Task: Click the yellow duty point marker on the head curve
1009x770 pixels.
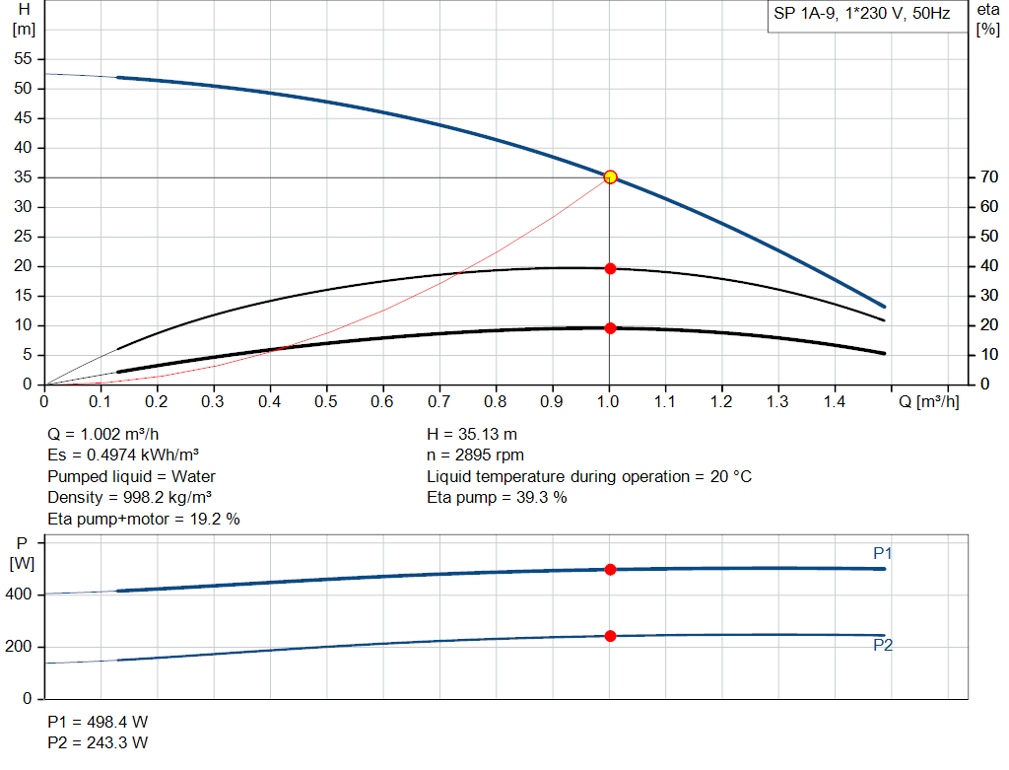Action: tap(610, 176)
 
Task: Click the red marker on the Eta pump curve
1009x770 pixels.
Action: tap(610, 268)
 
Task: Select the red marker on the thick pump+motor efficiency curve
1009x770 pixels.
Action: tap(610, 328)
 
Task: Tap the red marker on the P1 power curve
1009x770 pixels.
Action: tap(610, 570)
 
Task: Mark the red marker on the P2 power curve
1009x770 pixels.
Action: tap(610, 636)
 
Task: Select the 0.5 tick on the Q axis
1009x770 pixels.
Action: tap(326, 402)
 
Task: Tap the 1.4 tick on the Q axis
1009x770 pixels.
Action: tap(835, 402)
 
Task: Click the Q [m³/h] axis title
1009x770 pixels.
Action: tap(926, 402)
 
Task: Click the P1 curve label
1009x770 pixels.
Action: tap(882, 554)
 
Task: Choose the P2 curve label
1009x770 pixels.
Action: tap(882, 646)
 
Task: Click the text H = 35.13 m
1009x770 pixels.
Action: tap(472, 435)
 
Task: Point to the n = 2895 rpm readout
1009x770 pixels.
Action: tap(476, 455)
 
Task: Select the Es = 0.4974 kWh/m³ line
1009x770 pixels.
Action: tap(124, 455)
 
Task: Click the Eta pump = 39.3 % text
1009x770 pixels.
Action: tap(497, 497)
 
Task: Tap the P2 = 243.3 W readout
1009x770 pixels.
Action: tap(98, 742)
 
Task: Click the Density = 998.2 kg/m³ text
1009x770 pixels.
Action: tap(130, 497)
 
